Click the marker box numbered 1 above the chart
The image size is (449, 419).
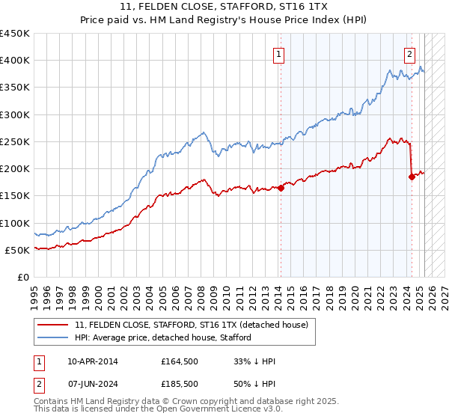click(x=278, y=54)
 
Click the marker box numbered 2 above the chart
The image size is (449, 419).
click(x=410, y=54)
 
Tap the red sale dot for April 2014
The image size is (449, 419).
click(x=281, y=189)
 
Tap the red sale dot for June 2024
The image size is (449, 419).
click(x=412, y=177)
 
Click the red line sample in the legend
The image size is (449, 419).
click(x=53, y=325)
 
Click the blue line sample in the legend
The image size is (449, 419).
click(x=53, y=338)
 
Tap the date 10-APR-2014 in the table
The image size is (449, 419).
click(x=92, y=361)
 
